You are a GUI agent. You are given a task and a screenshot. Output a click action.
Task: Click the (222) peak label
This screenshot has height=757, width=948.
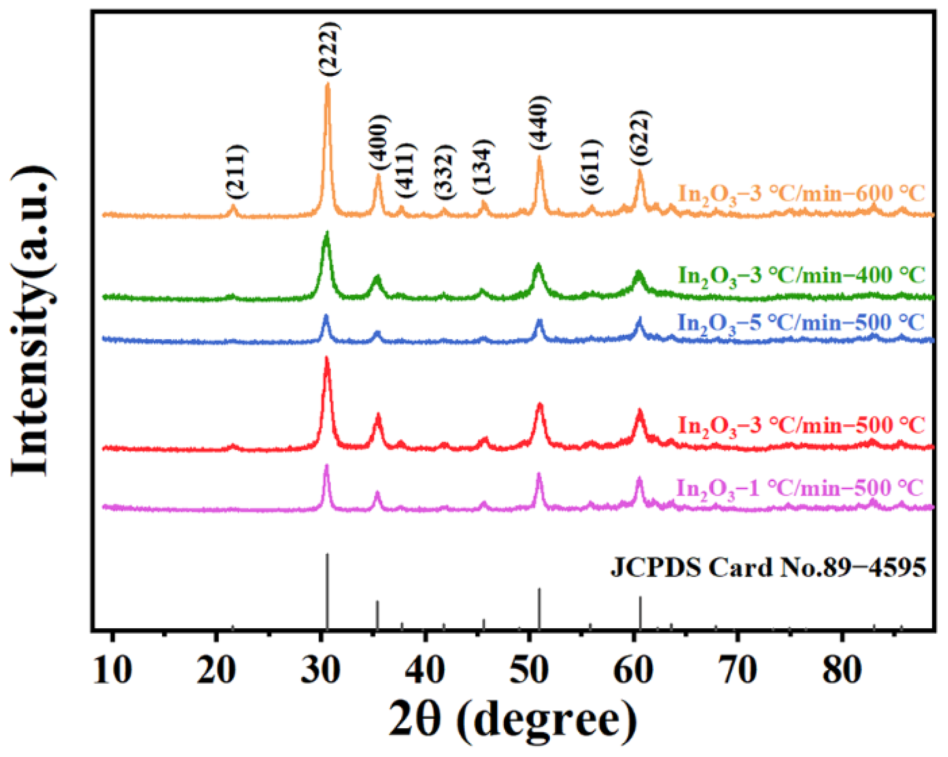[x=329, y=49]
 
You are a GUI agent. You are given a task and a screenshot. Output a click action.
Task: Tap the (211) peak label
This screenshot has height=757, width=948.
[x=235, y=171]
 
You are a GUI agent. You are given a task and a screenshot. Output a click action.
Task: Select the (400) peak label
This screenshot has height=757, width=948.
[x=379, y=143]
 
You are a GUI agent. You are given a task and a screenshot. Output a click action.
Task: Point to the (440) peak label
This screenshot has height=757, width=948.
[x=539, y=122]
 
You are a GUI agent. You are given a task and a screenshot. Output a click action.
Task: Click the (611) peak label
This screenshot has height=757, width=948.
[x=591, y=167]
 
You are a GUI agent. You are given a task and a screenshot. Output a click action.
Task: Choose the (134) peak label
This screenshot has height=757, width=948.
[x=483, y=167]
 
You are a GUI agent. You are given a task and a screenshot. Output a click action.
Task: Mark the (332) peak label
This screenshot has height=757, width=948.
[x=444, y=171]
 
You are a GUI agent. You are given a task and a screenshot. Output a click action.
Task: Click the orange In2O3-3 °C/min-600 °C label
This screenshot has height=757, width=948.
[x=800, y=194]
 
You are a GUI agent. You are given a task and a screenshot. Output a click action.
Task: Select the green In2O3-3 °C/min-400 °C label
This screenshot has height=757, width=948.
[x=800, y=275]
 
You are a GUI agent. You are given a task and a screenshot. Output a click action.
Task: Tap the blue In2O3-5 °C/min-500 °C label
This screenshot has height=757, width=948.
[x=800, y=323]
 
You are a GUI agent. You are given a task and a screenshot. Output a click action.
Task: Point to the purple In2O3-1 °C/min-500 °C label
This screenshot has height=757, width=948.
[x=799, y=489]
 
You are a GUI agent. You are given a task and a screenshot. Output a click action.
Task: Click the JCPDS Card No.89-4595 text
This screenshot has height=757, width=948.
[x=768, y=567]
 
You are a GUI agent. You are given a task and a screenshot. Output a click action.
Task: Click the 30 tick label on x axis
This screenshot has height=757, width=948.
[x=321, y=670]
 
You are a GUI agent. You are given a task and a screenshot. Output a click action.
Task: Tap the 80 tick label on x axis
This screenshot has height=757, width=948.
[x=842, y=670]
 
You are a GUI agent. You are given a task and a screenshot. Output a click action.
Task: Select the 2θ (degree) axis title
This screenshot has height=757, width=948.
[x=513, y=720]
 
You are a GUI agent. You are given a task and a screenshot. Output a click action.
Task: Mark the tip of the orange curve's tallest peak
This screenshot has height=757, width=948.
[x=327, y=85]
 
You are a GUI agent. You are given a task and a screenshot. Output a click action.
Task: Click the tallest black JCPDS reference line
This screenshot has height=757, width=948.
[x=327, y=592]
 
